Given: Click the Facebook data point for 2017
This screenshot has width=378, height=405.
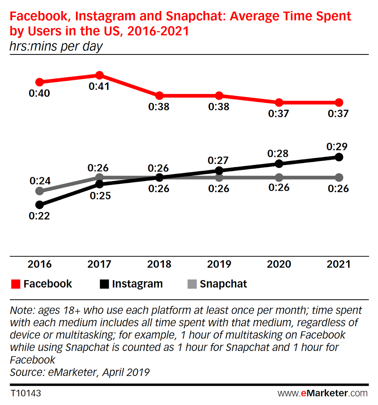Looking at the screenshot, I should (x=99, y=75).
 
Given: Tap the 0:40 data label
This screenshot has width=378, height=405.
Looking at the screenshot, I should (x=39, y=94).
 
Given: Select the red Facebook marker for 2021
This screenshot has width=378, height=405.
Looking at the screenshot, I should (x=339, y=102).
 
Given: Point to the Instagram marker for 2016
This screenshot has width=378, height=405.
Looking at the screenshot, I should (x=39, y=205).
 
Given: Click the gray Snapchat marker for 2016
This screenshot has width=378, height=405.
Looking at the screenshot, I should (x=39, y=191).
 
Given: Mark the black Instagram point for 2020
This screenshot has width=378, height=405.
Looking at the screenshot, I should (x=279, y=163).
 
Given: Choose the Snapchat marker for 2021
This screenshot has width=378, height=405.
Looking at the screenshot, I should (x=339, y=177).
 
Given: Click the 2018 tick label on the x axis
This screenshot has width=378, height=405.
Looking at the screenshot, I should (x=159, y=264).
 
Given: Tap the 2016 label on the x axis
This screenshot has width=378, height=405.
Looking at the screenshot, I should (x=40, y=264).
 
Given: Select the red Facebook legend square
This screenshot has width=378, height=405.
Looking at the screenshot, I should (x=15, y=284).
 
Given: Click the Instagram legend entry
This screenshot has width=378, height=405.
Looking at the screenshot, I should (x=131, y=284).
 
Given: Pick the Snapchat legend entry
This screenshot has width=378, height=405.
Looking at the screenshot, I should (x=217, y=284).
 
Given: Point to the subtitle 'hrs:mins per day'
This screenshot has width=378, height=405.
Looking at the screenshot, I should (x=56, y=46).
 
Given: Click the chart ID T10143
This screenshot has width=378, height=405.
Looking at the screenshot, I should (x=25, y=393).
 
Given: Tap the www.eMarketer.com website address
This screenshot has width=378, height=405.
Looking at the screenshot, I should (x=322, y=393).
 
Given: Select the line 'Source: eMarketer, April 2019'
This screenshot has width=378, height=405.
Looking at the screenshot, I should (x=79, y=372).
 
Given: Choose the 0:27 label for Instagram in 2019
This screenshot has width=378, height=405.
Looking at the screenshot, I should (x=218, y=161).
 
